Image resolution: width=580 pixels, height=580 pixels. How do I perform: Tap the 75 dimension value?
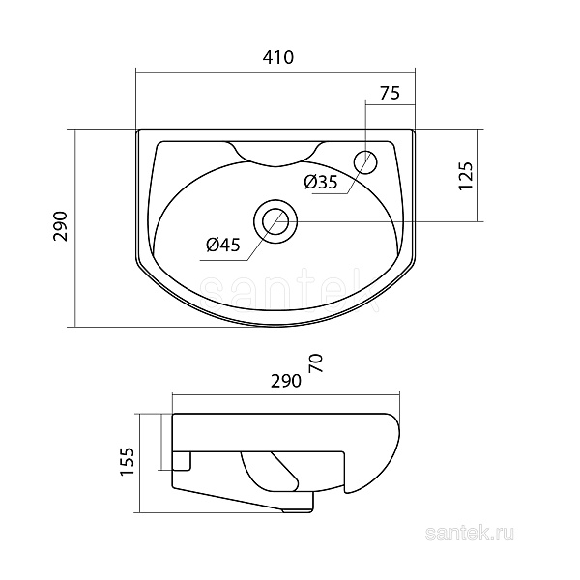tap(390, 93)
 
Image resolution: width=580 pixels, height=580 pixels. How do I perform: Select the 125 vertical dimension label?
tap(465, 177)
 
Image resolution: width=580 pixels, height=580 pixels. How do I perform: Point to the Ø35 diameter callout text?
tap(320, 181)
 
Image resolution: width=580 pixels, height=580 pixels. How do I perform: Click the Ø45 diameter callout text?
tap(222, 246)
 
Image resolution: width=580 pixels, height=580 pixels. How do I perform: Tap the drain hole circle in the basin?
tap(276, 218)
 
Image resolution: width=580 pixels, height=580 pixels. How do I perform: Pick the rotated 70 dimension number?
tap(316, 363)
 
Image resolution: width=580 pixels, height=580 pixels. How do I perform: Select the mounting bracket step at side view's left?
tap(184, 462)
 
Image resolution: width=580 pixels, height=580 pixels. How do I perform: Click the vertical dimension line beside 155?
tap(142, 461)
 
